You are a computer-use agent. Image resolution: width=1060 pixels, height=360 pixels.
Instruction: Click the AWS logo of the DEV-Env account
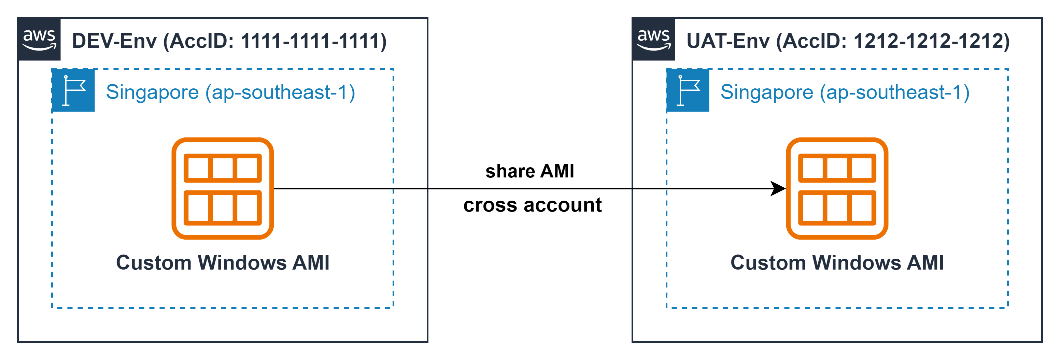click(x=39, y=40)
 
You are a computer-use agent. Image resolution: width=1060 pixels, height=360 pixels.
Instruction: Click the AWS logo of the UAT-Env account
click(x=653, y=40)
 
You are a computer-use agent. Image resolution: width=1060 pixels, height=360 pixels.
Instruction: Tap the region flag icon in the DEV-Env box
click(x=73, y=90)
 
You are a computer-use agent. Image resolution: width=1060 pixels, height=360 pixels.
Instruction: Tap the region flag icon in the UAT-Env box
click(x=688, y=90)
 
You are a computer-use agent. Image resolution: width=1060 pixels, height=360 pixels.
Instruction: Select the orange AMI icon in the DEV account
click(x=223, y=188)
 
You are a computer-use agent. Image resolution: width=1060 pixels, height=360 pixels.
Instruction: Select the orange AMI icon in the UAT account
click(x=837, y=188)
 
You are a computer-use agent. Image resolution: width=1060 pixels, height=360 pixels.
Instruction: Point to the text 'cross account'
click(x=532, y=205)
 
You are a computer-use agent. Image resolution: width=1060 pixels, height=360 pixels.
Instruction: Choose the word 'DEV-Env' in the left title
click(x=114, y=41)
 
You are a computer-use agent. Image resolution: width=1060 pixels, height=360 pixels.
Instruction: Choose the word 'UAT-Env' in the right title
click(x=727, y=41)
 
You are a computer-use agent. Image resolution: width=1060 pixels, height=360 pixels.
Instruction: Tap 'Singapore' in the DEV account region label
click(x=153, y=92)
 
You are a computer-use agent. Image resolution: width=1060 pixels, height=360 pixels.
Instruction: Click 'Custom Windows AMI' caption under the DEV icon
click(x=223, y=262)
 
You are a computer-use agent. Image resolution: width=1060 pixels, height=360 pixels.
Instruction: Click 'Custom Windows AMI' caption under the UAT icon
click(x=837, y=262)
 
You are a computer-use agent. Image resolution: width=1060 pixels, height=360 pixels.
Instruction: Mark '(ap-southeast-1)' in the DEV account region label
click(x=280, y=92)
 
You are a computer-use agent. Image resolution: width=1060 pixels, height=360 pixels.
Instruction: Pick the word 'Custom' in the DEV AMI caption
click(x=154, y=262)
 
